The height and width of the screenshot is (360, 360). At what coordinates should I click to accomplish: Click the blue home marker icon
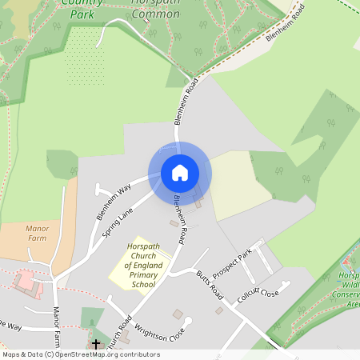point(180,172)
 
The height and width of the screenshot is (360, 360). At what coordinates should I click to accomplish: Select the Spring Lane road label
point(118,224)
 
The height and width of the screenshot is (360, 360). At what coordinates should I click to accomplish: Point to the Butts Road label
point(210,285)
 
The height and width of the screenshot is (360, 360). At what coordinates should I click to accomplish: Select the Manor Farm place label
point(37,232)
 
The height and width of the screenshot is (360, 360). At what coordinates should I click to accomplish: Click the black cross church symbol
point(96,344)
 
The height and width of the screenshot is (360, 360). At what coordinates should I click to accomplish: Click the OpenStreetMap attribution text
point(80,354)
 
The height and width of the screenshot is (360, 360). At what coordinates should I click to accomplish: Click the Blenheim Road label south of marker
point(180,222)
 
